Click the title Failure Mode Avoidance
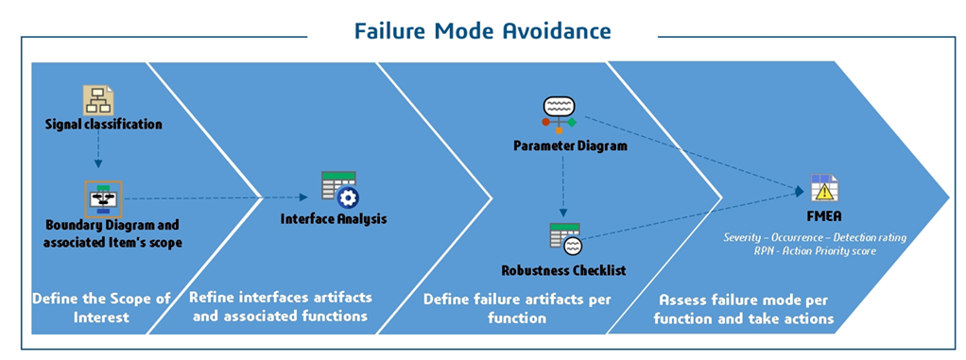pyautogui.click(x=483, y=30)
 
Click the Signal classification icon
pyautogui.click(x=98, y=100)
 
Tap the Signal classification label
pyautogui.click(x=104, y=125)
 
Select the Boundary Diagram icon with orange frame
pyautogui.click(x=103, y=198)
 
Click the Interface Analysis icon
pyautogui.click(x=339, y=189)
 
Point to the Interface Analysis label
pyautogui.click(x=334, y=218)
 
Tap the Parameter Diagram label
pyautogui.click(x=571, y=146)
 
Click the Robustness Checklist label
pyautogui.click(x=563, y=270)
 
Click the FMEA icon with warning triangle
pyautogui.click(x=825, y=188)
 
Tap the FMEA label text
pyautogui.click(x=824, y=218)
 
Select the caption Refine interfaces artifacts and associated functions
pyautogui.click(x=281, y=306)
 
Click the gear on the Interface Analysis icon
pyautogui.click(x=350, y=197)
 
